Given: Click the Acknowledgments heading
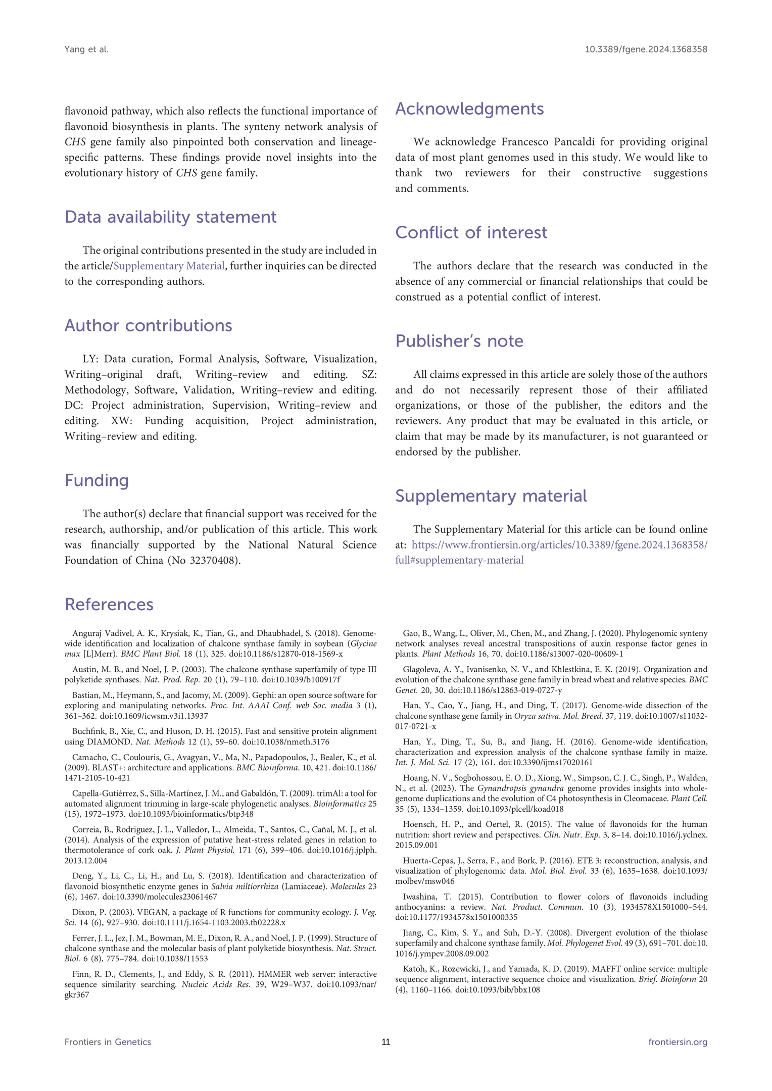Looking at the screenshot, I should click(469, 109).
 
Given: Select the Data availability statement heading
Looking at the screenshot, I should click(170, 217).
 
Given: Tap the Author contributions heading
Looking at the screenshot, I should click(148, 326).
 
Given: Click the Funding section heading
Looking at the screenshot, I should click(96, 480).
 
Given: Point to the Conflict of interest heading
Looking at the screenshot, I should click(471, 233).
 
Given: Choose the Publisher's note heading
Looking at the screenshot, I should click(459, 341).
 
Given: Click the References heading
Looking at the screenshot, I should click(109, 605).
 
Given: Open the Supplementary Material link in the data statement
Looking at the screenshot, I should click(169, 266).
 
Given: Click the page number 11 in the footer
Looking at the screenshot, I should click(385, 1042).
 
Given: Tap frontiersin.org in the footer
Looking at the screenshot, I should click(678, 1042).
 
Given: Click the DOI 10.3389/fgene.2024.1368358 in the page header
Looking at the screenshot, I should click(646, 49).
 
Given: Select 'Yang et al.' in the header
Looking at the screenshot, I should click(86, 49).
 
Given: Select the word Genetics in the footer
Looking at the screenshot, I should click(133, 1042).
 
